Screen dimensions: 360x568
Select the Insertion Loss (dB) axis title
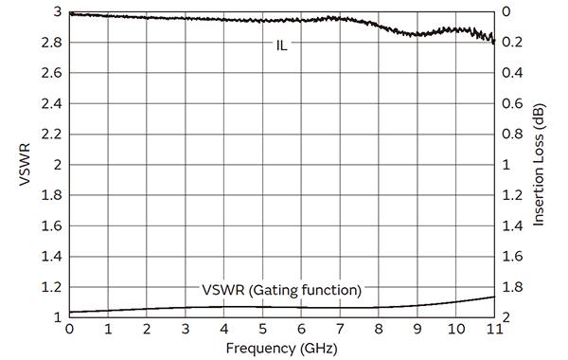coord(539,164)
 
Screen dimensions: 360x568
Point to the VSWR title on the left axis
coord(24,164)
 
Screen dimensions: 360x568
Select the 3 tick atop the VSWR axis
coord(58,12)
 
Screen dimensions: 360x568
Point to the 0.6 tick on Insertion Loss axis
coord(510,103)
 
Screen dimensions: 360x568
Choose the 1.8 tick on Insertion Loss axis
coord(510,286)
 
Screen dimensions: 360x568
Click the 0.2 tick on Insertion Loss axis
coord(510,43)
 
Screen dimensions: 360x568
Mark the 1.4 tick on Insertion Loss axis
coord(510,225)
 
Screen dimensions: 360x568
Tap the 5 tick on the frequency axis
coord(263,329)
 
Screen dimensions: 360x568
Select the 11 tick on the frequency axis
coord(494,329)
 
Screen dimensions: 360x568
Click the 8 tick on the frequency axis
coord(379,329)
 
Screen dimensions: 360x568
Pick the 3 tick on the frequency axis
coord(186,329)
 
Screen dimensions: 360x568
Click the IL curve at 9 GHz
coord(417,34)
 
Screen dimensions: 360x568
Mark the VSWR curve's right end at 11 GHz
coord(494,297)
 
